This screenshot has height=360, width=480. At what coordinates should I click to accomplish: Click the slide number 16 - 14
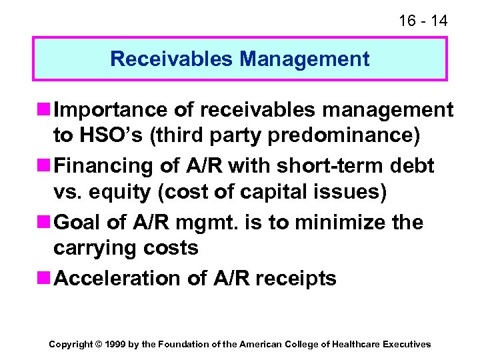pos(423,21)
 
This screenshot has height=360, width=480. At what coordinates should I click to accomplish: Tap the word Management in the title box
pos(305,59)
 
